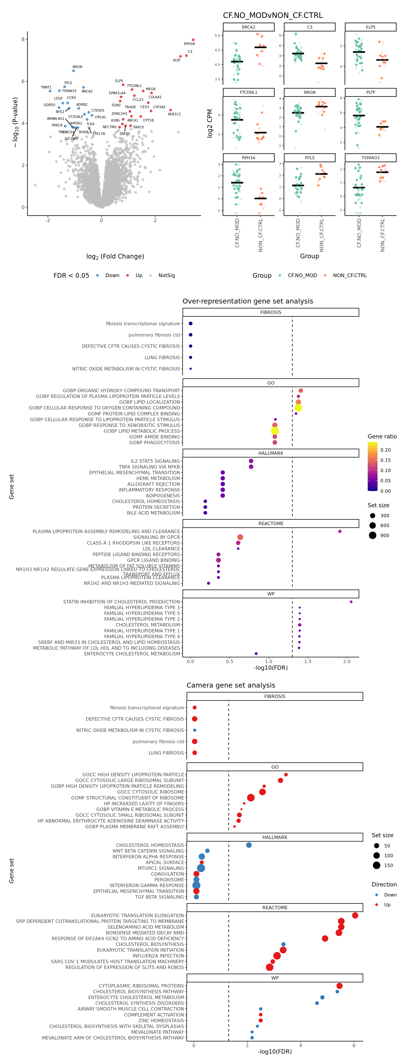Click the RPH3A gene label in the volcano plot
(x=189, y=44)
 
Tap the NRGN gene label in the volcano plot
(x=77, y=67)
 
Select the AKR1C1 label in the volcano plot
(x=174, y=114)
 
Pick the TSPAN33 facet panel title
(x=370, y=158)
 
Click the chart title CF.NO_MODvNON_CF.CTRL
(x=273, y=15)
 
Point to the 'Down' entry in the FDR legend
(x=112, y=276)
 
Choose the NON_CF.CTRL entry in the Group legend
(x=350, y=276)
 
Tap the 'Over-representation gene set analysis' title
(x=248, y=301)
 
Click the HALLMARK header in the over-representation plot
(x=271, y=453)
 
